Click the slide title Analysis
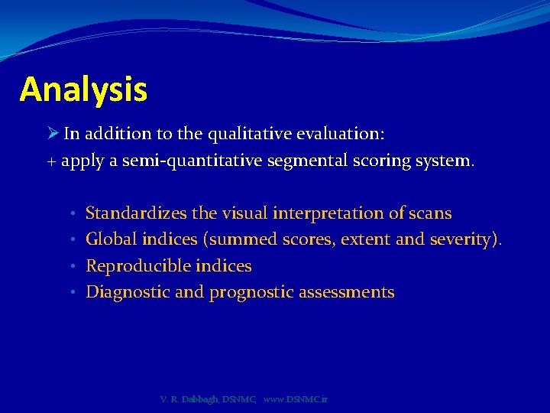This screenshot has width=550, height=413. point(83,89)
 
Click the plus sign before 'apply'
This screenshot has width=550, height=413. point(52,162)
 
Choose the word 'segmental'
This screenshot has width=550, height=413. point(305,161)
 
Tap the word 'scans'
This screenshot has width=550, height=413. point(431,213)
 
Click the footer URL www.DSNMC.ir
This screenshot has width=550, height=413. point(295,399)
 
